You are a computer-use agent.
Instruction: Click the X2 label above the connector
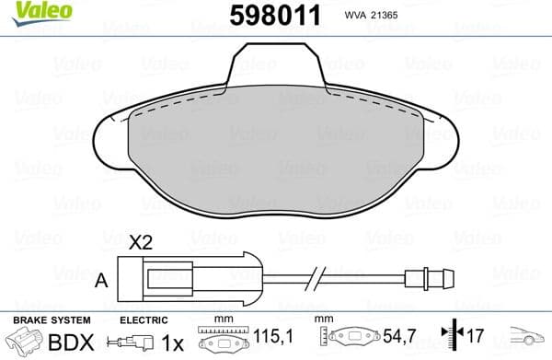(141, 243)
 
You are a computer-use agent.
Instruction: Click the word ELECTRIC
(144, 319)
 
